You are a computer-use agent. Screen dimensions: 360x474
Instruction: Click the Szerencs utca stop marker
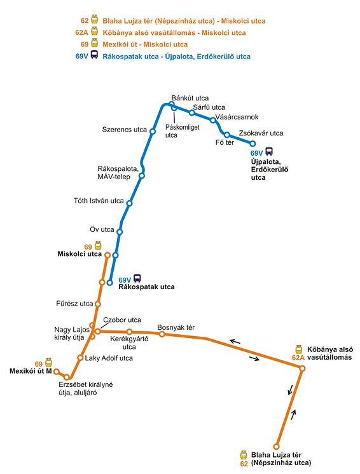pos(153,132)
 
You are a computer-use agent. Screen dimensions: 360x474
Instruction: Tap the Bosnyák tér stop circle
pos(162,334)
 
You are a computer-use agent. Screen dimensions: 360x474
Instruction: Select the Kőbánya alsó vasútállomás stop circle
pos(302,368)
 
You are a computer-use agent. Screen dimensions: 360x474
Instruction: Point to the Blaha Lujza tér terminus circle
pos(276,447)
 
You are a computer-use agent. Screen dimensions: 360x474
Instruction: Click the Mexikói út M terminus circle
pos(56,372)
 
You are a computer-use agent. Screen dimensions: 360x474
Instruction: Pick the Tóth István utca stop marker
pos(130,203)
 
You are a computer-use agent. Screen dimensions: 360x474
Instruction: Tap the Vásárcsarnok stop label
pos(237,117)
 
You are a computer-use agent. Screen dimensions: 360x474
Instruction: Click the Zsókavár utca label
pos(261,133)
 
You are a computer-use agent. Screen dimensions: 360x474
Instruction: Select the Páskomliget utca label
pos(182,131)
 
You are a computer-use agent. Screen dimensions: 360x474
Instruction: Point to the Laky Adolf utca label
pos(109,358)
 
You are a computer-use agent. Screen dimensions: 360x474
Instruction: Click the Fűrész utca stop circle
pos(98,304)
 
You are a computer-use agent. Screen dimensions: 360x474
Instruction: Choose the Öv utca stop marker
pos(120,232)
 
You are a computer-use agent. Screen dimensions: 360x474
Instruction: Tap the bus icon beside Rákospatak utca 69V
pos(137,278)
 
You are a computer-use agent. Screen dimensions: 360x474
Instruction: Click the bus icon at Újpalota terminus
pos(269,151)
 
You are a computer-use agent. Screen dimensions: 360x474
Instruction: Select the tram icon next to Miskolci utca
pos(98,245)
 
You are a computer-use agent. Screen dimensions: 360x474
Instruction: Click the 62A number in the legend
pos(81,32)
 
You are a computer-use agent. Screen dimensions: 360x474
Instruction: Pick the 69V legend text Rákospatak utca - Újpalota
pos(177,57)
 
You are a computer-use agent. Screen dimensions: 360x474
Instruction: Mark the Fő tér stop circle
pos(227,135)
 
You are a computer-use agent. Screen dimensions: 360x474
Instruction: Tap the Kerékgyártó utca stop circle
pos(130,332)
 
